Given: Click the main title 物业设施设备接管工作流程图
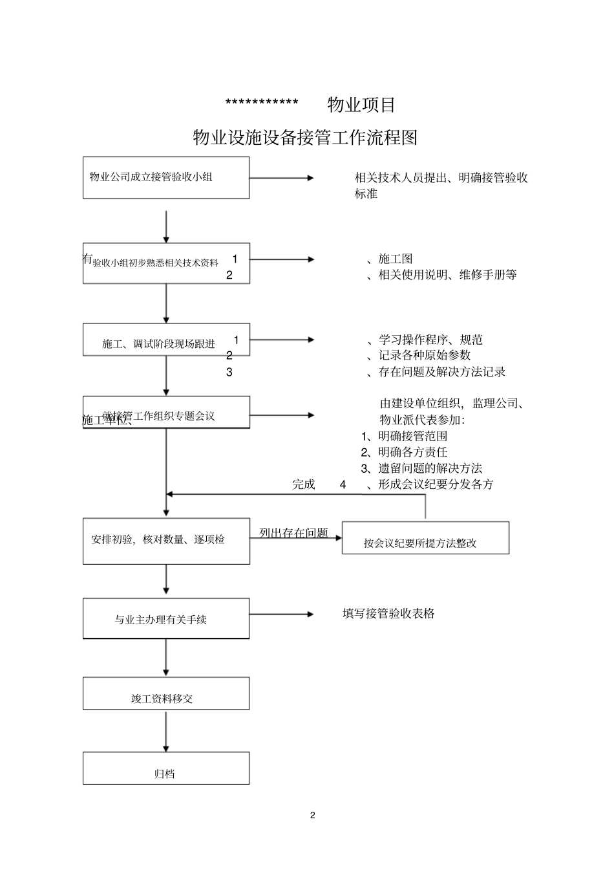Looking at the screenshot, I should click(x=305, y=137).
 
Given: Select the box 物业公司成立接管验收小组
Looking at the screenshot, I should click(x=166, y=177).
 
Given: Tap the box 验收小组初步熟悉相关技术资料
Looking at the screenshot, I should click(x=166, y=263).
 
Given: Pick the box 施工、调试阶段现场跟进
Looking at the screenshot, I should click(x=166, y=341).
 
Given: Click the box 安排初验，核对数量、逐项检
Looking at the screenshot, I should click(x=166, y=541).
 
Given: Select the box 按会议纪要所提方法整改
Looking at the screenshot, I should click(x=425, y=538).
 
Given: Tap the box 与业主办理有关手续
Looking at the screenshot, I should click(x=166, y=618).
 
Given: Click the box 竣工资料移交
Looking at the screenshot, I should click(x=166, y=693).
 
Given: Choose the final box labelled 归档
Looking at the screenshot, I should click(x=166, y=768).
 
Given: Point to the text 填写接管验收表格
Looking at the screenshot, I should click(x=388, y=613).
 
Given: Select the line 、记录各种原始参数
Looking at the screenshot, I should click(x=419, y=355).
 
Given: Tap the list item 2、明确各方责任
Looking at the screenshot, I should click(x=404, y=452).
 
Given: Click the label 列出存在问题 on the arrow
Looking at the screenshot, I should click(x=293, y=533).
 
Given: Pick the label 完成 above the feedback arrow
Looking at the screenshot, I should click(x=304, y=484).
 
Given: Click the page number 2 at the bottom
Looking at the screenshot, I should click(x=313, y=815).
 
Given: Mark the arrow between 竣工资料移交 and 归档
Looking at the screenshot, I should click(x=166, y=730).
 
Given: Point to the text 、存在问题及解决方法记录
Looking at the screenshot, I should click(x=436, y=372).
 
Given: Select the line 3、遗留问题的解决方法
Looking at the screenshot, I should click(x=421, y=468).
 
